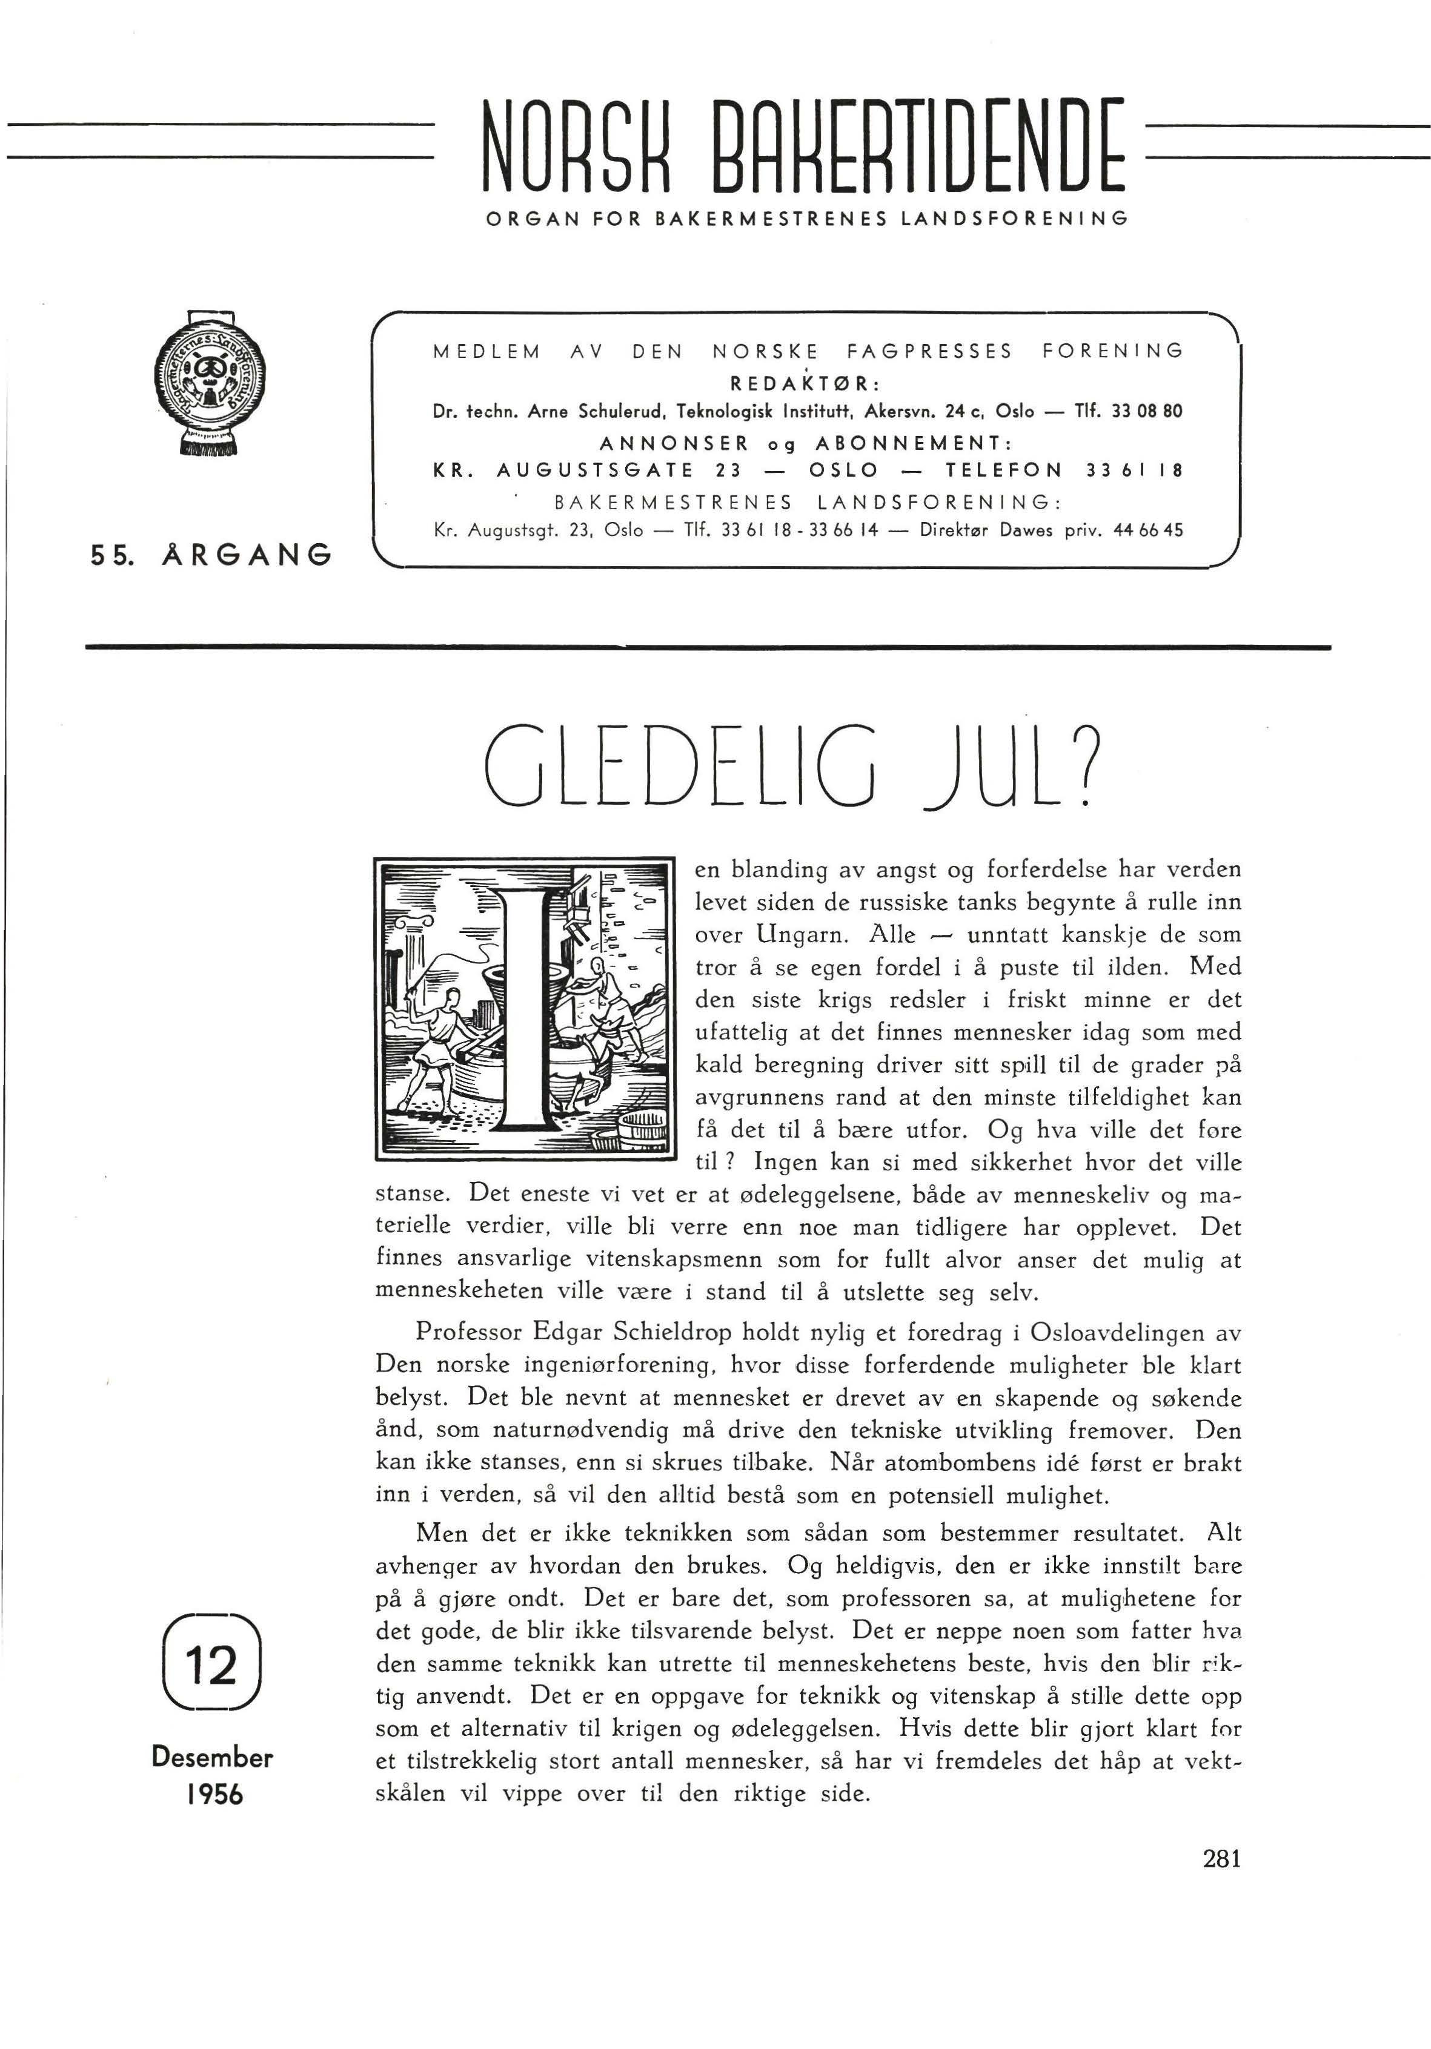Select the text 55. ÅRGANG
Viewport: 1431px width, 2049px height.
tap(211, 555)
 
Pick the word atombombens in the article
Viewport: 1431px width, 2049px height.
tap(971, 1463)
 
